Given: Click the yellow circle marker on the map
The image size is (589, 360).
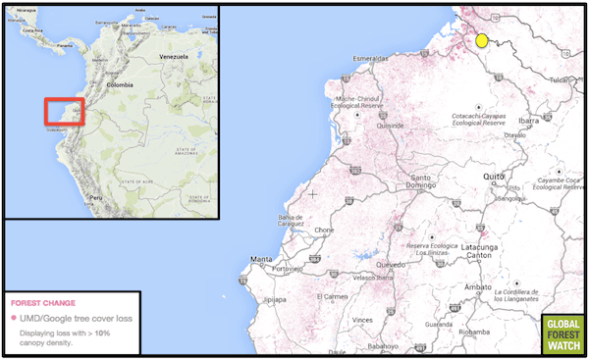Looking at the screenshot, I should (x=482, y=40).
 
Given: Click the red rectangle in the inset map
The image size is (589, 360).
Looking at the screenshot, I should (x=64, y=112).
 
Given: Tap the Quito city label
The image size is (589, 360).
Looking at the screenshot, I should (x=493, y=176).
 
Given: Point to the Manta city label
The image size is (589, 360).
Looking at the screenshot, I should (x=261, y=259).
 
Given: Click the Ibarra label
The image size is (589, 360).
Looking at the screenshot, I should (x=529, y=121).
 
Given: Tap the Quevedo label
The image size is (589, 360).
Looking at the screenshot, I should (x=390, y=264).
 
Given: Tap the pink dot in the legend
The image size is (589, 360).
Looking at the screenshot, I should (x=13, y=320).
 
